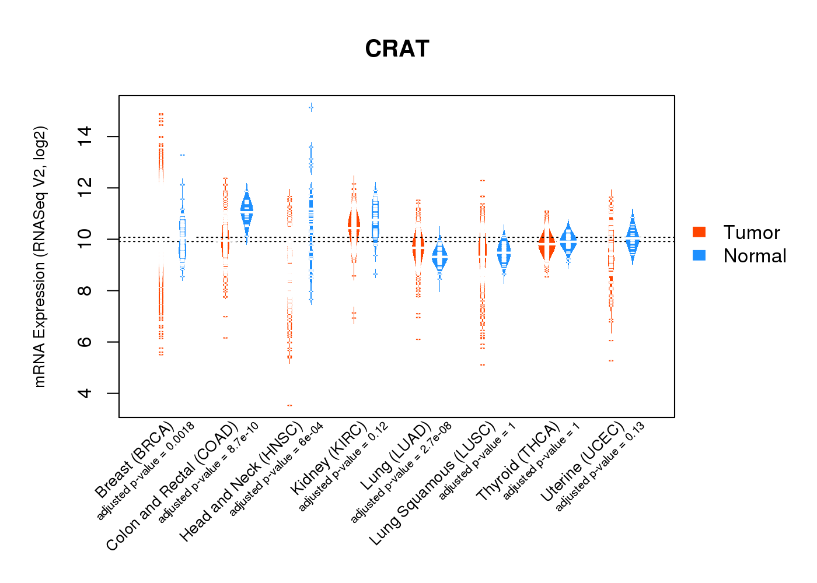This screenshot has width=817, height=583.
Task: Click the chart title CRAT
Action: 397,49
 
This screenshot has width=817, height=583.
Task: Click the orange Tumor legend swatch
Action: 699,232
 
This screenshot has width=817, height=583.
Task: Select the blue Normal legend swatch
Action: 699,255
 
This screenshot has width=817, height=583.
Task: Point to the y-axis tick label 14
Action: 85,136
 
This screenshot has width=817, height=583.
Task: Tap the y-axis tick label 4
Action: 85,393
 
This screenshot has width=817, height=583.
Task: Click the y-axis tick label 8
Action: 85,290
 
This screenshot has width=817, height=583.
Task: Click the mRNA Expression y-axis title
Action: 40,257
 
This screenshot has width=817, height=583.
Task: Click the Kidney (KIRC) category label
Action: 329,457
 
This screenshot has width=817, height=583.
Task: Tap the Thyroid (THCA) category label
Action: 518,462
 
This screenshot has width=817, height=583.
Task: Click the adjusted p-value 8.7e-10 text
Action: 209,471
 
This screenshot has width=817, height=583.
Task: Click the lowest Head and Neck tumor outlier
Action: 289,405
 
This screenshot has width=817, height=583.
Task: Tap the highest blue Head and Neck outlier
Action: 311,107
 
